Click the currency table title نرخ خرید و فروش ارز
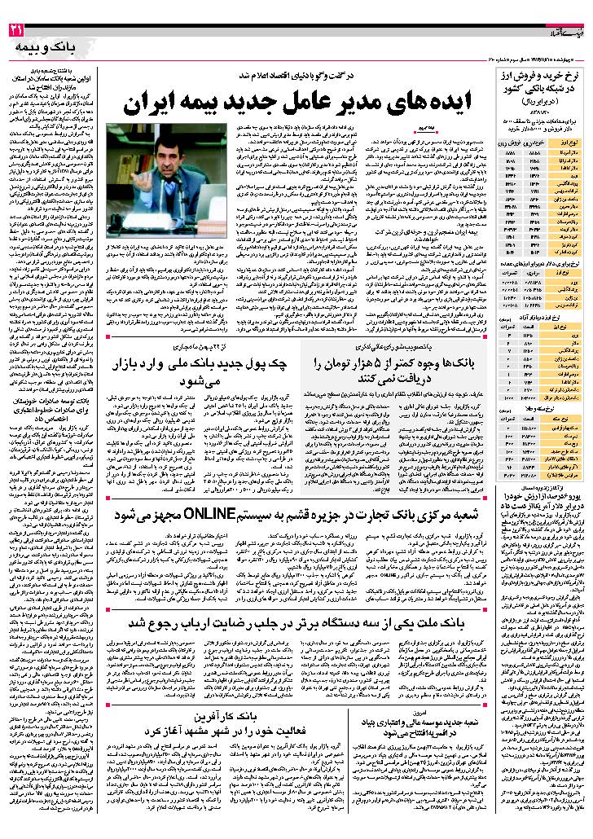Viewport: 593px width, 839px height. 538,79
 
